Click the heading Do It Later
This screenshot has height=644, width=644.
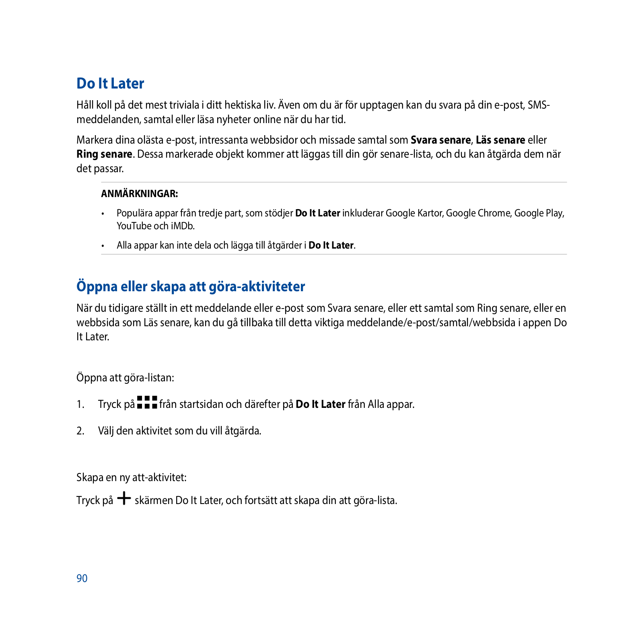(110, 84)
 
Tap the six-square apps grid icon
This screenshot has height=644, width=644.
(147, 402)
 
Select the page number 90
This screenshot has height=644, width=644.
(82, 578)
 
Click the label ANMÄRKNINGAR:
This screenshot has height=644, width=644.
(139, 194)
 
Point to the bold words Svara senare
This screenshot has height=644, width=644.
(440, 140)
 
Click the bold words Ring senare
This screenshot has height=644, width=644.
(104, 154)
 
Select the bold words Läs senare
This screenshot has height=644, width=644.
(500, 140)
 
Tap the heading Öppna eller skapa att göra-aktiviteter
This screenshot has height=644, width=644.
(191, 287)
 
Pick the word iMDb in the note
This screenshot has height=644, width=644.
(183, 226)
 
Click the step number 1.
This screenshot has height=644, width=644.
(80, 404)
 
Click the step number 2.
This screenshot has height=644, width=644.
(80, 431)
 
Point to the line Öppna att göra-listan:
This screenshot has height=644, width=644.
(125, 378)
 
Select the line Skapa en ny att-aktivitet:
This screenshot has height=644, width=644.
(131, 477)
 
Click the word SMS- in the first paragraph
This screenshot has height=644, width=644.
(539, 105)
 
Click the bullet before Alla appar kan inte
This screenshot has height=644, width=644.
(103, 246)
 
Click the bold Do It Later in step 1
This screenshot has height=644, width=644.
(320, 404)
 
